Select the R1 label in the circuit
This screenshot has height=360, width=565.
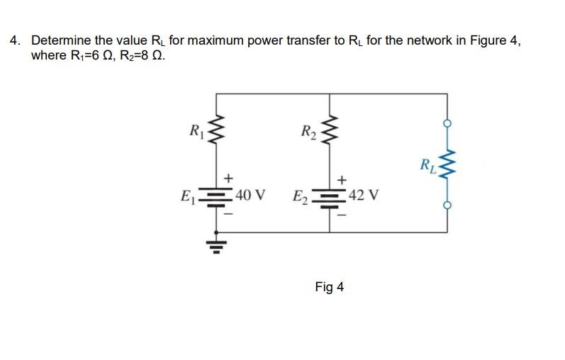pyautogui.click(x=194, y=130)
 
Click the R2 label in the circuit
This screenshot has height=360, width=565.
pyautogui.click(x=308, y=130)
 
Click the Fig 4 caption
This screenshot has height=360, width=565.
pyautogui.click(x=329, y=287)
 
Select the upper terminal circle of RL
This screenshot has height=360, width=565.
pyautogui.click(x=447, y=123)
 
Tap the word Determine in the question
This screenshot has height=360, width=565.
pyautogui.click(x=60, y=40)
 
